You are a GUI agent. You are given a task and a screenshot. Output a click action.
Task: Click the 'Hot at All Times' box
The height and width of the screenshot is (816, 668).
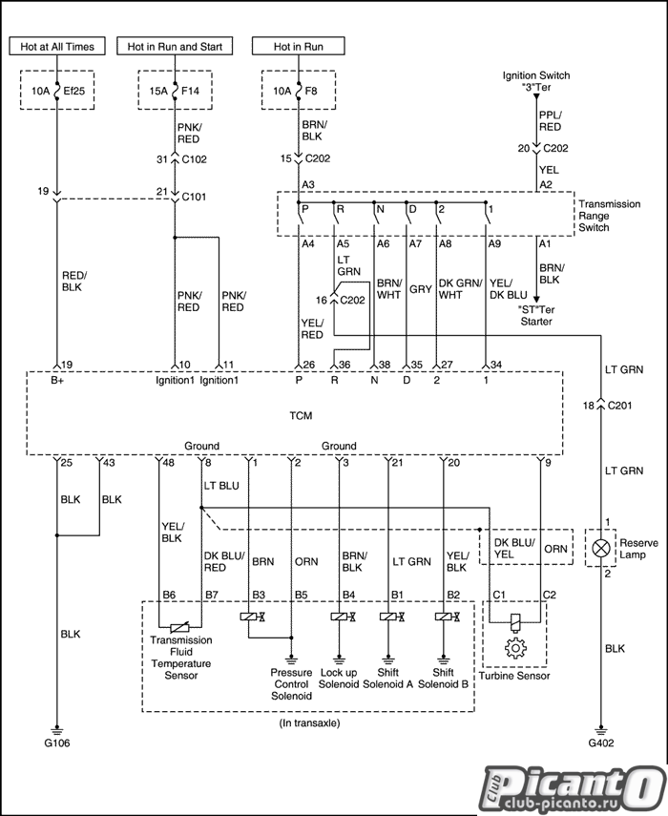pos(57,47)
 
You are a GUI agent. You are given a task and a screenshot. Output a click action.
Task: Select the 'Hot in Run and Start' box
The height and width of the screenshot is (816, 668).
pos(175,47)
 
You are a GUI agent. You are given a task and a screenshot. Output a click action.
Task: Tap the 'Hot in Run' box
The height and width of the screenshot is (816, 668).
pos(299,47)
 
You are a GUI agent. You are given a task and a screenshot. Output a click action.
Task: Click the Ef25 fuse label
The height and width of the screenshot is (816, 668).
pos(73,91)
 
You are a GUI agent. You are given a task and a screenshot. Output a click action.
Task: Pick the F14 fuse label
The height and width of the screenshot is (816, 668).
pos(190,91)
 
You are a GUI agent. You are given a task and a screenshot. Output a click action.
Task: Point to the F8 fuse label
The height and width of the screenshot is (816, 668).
pos(310,91)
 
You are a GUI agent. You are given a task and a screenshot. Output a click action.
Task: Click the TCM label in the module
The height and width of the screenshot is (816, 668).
pos(301,416)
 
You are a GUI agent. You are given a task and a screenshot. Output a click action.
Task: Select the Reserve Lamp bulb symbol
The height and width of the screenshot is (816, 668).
pos(601,548)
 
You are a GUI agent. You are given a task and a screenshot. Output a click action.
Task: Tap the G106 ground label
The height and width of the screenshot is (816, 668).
pos(56,743)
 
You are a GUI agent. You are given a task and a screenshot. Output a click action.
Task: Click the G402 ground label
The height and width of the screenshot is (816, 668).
pos(601,743)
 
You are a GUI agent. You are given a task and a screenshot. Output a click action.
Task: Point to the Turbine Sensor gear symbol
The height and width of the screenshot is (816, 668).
pos(515,648)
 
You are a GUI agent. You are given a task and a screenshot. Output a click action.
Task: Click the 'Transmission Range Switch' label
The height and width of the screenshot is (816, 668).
pos(609,216)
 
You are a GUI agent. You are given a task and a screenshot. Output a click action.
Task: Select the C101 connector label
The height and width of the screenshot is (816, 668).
pos(194,197)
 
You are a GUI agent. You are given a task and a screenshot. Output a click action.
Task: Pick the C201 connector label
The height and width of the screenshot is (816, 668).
pos(619,406)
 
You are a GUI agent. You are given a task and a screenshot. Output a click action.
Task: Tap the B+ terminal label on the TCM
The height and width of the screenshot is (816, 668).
pos(57,381)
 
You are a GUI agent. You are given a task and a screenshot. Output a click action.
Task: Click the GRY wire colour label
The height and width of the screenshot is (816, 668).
pos(420,289)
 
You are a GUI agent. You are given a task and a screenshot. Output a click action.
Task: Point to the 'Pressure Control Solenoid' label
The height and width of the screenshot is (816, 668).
pos(291,684)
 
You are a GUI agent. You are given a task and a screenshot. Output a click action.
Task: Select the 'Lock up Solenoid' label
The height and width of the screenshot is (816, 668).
pos(339,679)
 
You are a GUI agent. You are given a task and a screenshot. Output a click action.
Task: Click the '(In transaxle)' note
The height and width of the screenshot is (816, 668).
pos(309,722)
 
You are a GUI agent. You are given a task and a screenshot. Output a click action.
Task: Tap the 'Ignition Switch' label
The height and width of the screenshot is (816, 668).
pos(536,76)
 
